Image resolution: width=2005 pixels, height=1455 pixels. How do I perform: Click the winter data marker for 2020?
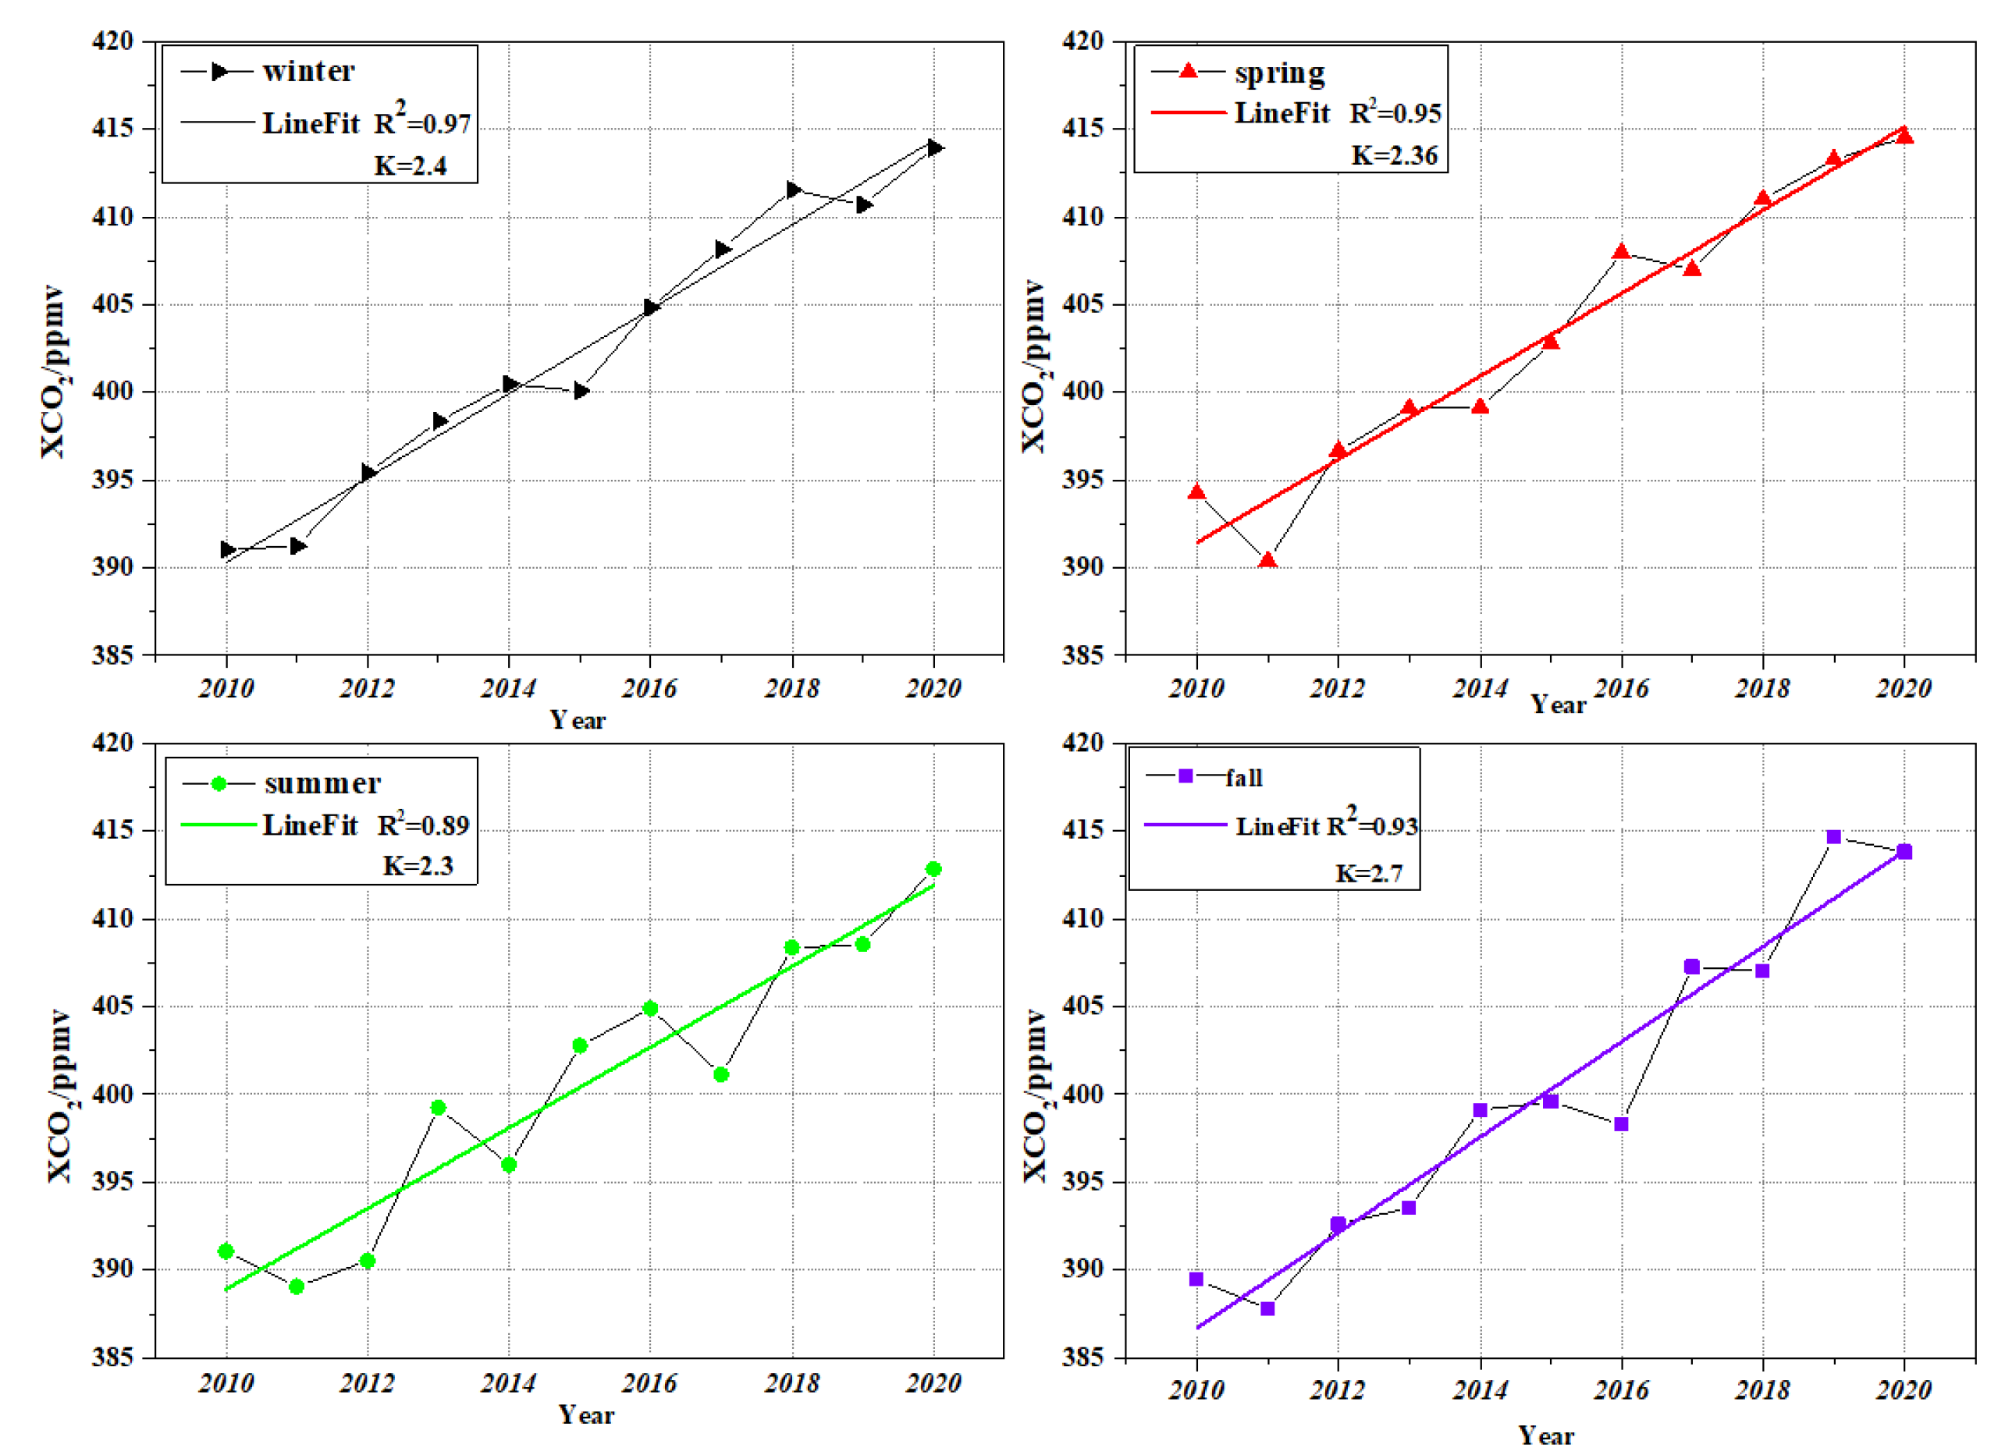click(934, 147)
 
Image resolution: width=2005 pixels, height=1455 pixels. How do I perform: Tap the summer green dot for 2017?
click(721, 1075)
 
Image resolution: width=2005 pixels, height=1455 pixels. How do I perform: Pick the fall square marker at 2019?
click(1833, 837)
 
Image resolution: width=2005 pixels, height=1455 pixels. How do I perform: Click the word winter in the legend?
click(308, 72)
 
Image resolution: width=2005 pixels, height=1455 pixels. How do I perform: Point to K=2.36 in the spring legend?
click(1394, 155)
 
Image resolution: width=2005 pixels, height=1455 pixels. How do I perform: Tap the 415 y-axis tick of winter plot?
click(112, 129)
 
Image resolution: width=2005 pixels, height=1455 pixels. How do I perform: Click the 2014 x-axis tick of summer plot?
click(508, 1383)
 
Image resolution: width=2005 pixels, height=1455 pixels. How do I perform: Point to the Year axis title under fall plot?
click(1546, 1435)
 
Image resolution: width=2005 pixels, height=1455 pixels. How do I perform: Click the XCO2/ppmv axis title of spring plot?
click(1033, 367)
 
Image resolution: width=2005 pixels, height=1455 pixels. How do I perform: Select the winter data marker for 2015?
click(581, 391)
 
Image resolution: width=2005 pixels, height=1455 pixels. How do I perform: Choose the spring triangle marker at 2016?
click(1621, 252)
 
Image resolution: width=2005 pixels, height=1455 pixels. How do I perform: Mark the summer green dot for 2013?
click(439, 1108)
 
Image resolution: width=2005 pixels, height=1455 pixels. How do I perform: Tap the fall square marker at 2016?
click(1621, 1124)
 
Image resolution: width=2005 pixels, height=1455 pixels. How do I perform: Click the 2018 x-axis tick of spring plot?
click(1762, 689)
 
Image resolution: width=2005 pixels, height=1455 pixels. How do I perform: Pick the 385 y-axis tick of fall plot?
click(1082, 1357)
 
